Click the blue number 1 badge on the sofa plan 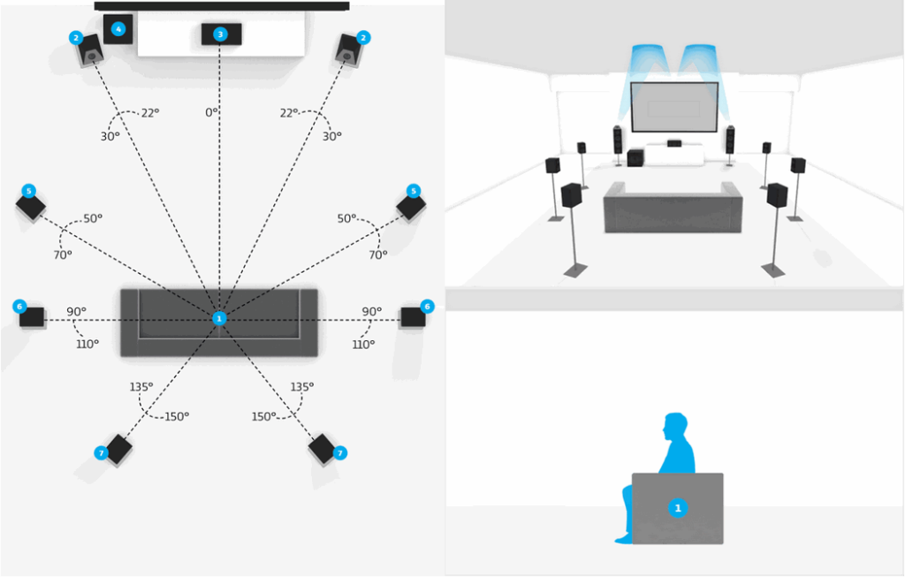(x=219, y=318)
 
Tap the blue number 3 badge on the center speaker (x=221, y=34)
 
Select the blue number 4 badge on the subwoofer (x=118, y=28)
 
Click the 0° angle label (x=211, y=113)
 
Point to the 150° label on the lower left (x=177, y=416)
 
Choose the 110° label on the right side (x=364, y=344)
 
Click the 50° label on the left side (x=93, y=218)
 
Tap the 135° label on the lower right (x=302, y=387)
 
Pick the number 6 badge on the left (x=19, y=307)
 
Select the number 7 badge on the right (x=340, y=452)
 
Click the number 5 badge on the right (x=413, y=191)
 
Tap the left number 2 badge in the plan (x=76, y=38)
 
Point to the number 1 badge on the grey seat (x=678, y=508)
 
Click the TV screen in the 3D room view (x=673, y=107)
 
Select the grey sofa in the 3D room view (x=672, y=209)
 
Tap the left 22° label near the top (x=150, y=113)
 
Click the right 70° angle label (x=378, y=254)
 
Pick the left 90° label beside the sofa (x=76, y=312)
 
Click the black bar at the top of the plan (x=221, y=6)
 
